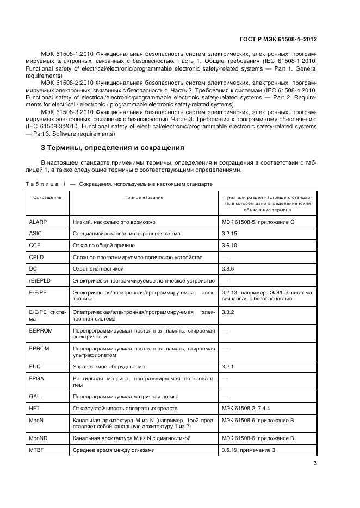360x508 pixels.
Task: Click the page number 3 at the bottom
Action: [x=315, y=463]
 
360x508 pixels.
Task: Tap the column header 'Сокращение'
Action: [x=47, y=197]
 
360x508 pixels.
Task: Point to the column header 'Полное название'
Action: [x=144, y=197]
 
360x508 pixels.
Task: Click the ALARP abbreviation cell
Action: [x=38, y=222]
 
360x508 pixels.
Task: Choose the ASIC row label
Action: [x=35, y=234]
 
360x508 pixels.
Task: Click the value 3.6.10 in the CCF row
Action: [x=229, y=245]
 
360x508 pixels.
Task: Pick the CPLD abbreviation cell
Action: [x=36, y=256]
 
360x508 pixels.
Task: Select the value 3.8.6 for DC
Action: [x=228, y=268]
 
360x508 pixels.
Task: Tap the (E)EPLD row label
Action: [x=40, y=280]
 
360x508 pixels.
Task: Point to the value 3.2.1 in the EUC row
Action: [x=228, y=367]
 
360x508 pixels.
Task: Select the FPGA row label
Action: [x=36, y=378]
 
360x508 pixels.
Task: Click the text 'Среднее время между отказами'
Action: [x=114, y=450]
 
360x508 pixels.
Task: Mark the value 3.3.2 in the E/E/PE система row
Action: [x=228, y=312]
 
